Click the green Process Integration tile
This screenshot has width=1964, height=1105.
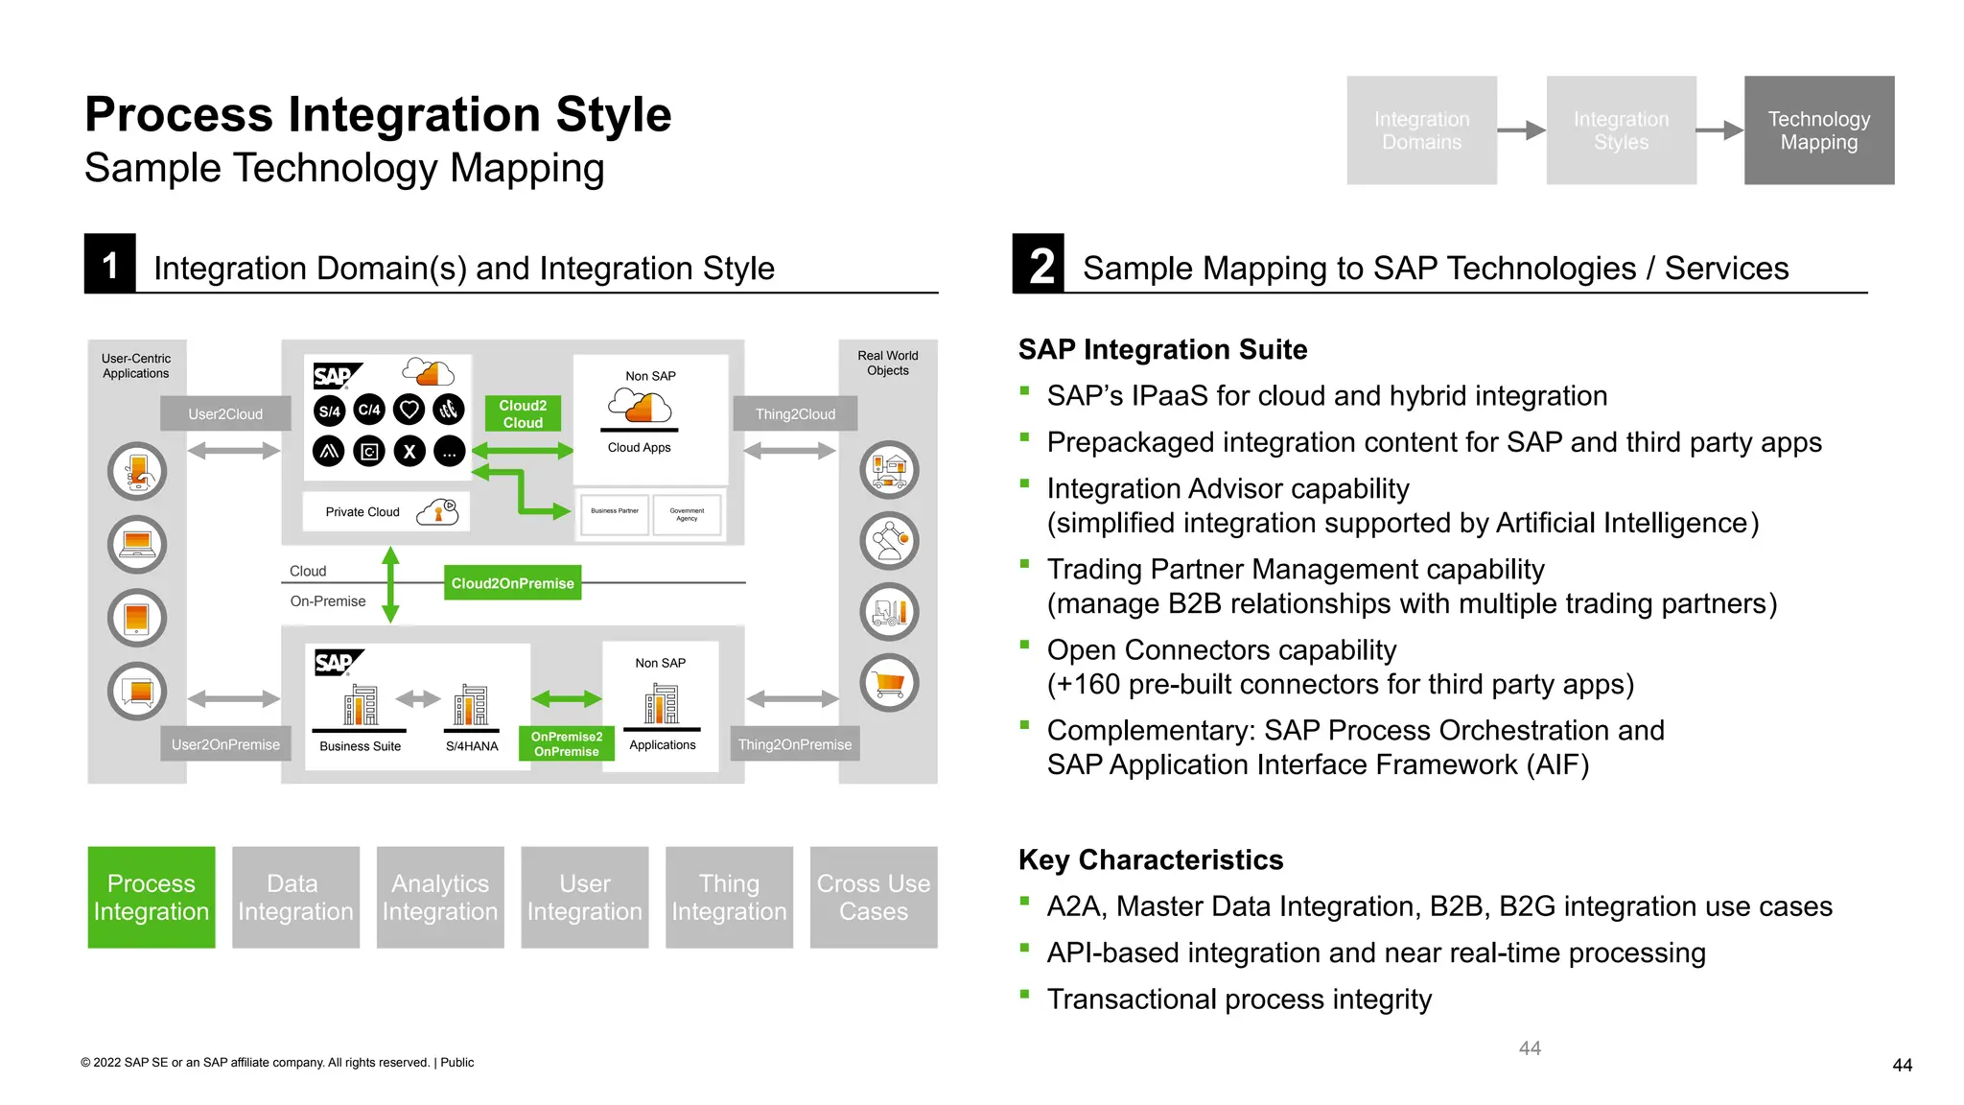(152, 897)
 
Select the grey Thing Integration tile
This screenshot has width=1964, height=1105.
(729, 897)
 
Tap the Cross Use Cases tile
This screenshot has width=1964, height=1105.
(873, 897)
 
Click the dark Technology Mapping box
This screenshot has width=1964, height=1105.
(1818, 130)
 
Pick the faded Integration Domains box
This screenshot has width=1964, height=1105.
(1421, 130)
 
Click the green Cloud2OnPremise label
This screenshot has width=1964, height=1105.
(512, 583)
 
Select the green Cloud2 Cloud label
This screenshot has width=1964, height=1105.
(523, 413)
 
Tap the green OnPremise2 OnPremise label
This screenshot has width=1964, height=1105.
(566, 743)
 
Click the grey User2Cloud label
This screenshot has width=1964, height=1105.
(225, 413)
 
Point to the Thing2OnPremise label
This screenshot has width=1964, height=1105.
(794, 743)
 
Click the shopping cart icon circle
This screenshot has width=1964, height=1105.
(889, 683)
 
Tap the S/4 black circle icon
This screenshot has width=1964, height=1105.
(329, 411)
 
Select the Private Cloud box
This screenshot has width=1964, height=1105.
(386, 511)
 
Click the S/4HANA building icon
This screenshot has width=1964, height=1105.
(471, 705)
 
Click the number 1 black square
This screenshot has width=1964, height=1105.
(109, 264)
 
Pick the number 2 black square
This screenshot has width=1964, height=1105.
(1039, 264)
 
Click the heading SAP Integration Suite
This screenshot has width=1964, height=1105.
(1162, 349)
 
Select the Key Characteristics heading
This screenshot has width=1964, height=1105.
(1150, 859)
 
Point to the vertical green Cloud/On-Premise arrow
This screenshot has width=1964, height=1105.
(390, 584)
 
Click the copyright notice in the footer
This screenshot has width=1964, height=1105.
(277, 1062)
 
